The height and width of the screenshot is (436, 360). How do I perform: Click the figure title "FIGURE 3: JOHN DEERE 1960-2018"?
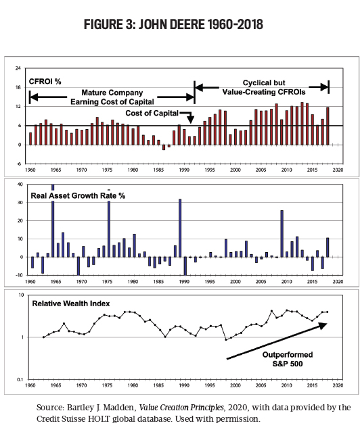(x=173, y=24)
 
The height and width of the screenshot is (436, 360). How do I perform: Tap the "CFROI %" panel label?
(x=45, y=82)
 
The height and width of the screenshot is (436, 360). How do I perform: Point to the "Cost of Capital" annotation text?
(x=152, y=113)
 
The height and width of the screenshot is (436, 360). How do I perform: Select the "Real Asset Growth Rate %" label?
(x=78, y=196)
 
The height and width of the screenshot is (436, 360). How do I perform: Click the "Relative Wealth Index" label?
(x=71, y=304)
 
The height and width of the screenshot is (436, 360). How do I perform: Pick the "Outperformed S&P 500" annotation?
(x=288, y=359)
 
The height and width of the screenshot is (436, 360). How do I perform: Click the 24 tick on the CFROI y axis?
(x=18, y=68)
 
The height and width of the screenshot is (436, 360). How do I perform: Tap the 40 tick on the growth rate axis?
(x=20, y=184)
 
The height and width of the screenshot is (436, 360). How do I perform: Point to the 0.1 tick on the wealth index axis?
(x=20, y=379)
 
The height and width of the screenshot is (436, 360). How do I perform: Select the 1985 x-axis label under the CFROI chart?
(x=158, y=170)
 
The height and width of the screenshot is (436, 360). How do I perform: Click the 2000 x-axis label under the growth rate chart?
(x=235, y=282)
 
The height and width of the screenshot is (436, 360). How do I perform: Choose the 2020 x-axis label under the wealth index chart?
(x=338, y=385)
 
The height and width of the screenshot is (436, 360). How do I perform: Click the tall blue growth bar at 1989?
(x=180, y=228)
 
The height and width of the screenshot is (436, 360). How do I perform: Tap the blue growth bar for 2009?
(x=282, y=234)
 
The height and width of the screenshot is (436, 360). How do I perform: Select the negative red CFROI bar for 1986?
(x=164, y=147)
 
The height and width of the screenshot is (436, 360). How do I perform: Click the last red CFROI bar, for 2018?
(x=328, y=126)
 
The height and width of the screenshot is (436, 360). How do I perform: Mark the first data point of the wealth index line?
(x=43, y=337)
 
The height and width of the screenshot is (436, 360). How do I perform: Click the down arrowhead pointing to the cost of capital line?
(x=190, y=120)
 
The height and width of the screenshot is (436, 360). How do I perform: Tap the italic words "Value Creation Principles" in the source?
(x=181, y=408)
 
